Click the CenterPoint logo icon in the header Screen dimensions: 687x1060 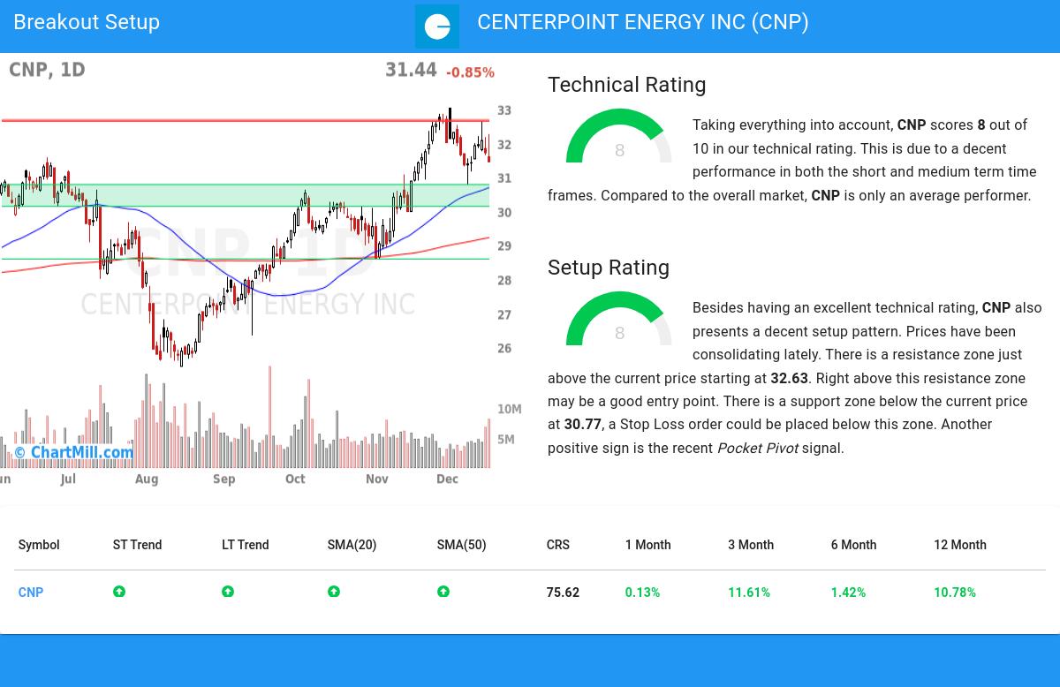tap(437, 26)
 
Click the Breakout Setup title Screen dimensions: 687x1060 tap(87, 23)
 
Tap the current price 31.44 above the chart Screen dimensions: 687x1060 tap(411, 71)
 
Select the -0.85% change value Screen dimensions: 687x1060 tap(470, 72)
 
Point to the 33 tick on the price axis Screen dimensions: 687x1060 tap(504, 111)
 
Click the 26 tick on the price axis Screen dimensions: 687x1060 tap(504, 349)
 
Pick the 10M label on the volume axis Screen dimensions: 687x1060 tap(510, 410)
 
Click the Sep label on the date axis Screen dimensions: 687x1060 tap(223, 479)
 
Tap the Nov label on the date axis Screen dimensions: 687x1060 tap(377, 479)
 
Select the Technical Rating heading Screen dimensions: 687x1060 tap(626, 85)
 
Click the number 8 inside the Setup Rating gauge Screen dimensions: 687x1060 tap(619, 334)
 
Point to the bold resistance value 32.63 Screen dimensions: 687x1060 tap(789, 378)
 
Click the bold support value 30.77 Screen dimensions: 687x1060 tap(582, 425)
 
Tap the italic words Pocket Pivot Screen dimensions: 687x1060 tap(757, 449)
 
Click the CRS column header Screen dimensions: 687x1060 tap(557, 545)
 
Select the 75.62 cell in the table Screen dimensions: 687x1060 tap(563, 593)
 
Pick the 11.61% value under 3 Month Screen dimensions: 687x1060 tap(749, 593)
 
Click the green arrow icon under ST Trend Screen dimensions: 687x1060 tap(119, 592)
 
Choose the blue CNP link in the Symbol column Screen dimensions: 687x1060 tap(31, 593)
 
